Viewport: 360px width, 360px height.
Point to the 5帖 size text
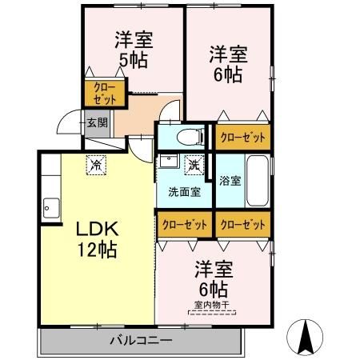(x=133, y=59)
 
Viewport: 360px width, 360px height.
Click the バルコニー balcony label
(x=140, y=341)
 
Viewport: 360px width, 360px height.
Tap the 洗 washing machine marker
(x=194, y=165)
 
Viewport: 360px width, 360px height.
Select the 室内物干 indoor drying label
(x=210, y=305)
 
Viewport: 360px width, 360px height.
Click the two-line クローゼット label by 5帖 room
(x=105, y=94)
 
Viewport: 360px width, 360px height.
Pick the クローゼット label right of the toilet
(x=241, y=137)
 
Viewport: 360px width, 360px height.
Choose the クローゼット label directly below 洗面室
(x=185, y=224)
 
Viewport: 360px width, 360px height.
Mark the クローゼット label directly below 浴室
(x=242, y=224)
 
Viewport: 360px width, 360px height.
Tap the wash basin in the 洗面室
(x=169, y=162)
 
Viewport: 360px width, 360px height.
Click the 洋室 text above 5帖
(x=133, y=38)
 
